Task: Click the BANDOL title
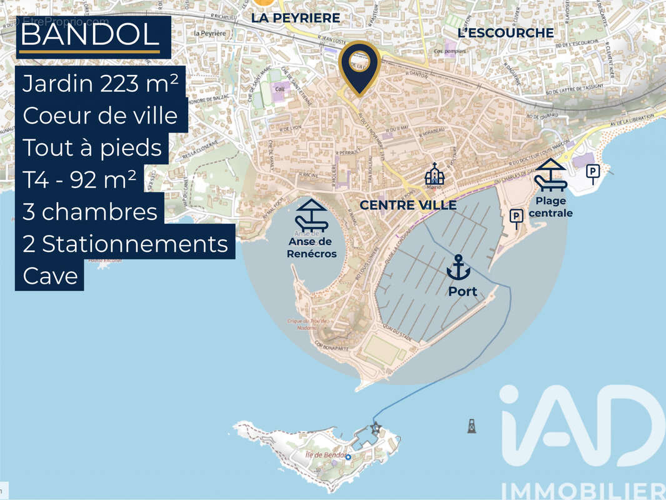[90, 35]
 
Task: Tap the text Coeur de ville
[100, 116]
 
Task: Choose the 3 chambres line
[89, 212]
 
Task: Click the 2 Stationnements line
[125, 244]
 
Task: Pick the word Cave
[49, 276]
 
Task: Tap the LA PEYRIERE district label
[296, 18]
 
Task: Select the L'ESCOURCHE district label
[505, 32]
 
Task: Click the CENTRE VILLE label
[408, 205]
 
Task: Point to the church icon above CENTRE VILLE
[434, 173]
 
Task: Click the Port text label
[462, 291]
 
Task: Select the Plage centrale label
[550, 207]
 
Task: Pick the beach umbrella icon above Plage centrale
[550, 174]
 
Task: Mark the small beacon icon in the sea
[470, 426]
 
